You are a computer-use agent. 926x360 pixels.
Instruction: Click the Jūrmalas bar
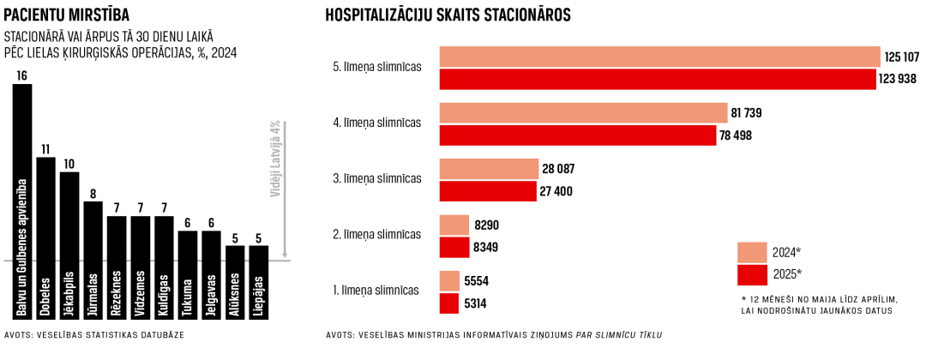click(93, 249)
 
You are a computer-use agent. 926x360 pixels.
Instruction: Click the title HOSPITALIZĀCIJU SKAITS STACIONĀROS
click(448, 15)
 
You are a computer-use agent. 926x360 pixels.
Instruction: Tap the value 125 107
click(901, 57)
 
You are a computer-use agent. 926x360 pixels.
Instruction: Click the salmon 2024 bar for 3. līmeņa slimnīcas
click(489, 169)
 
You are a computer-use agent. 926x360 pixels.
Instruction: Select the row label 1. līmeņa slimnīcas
click(376, 290)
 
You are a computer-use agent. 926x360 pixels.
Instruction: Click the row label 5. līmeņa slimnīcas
click(376, 66)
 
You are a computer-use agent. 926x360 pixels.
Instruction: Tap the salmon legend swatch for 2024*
click(752, 252)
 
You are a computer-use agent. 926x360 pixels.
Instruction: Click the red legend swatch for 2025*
click(752, 274)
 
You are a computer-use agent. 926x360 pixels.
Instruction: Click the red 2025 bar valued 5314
click(449, 303)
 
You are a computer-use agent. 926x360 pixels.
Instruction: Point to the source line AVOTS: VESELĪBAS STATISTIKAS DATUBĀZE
click(94, 334)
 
